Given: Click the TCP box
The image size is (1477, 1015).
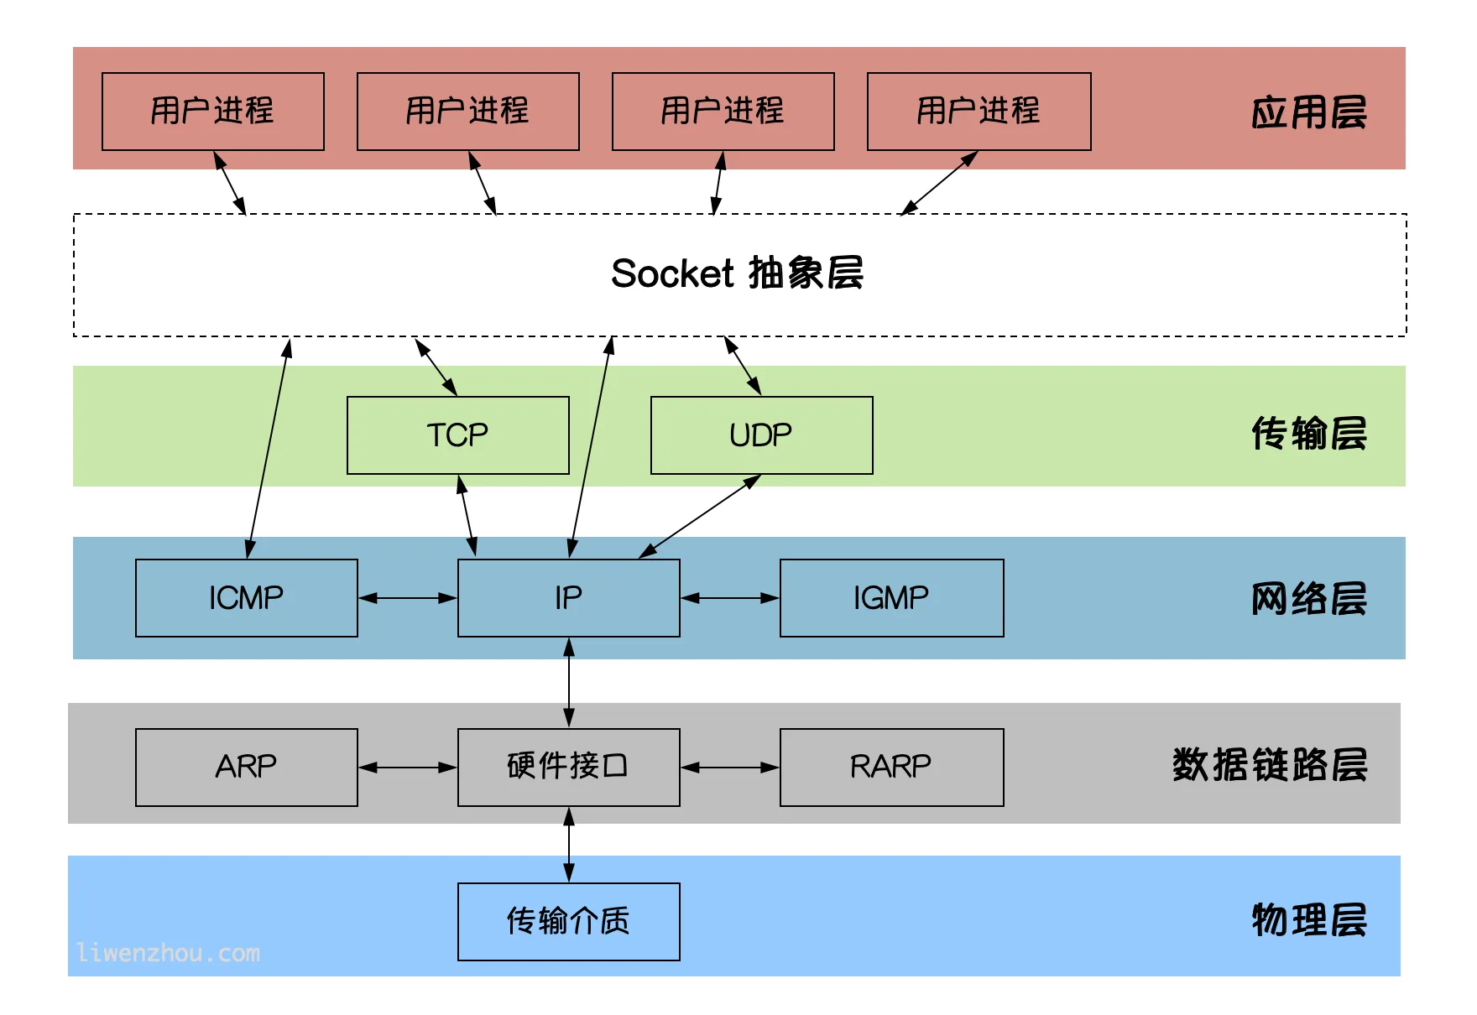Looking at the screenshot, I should click(457, 435).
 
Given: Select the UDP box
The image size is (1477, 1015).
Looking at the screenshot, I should click(761, 435).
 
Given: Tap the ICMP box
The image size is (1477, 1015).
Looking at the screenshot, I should click(246, 598).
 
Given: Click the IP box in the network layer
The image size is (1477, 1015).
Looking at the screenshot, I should click(568, 598).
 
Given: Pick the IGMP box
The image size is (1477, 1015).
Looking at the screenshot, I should click(891, 598).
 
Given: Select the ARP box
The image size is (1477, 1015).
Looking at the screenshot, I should click(246, 767).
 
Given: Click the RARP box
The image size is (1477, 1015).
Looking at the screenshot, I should click(891, 767).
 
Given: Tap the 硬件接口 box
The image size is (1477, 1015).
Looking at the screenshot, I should click(568, 767).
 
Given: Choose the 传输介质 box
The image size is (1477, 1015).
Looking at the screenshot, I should click(568, 921).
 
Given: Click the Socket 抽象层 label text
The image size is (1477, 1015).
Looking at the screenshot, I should click(737, 273).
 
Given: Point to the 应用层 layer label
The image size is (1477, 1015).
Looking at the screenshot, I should click(1308, 112).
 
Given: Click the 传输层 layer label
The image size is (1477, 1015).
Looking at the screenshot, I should click(1308, 434).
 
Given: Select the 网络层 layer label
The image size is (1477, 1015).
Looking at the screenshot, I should click(1308, 599).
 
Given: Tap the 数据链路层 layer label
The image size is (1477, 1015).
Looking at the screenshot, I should click(1269, 765).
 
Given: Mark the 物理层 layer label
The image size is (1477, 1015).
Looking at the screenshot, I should click(1308, 920).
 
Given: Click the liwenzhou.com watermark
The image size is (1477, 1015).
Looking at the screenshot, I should click(168, 953).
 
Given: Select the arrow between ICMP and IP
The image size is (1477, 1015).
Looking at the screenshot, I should click(408, 598).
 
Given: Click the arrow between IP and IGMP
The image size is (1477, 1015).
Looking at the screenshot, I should click(730, 598).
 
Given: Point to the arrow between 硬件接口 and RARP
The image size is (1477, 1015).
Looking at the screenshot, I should click(730, 767).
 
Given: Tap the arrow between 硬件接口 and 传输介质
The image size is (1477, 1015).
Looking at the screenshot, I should click(569, 845).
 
